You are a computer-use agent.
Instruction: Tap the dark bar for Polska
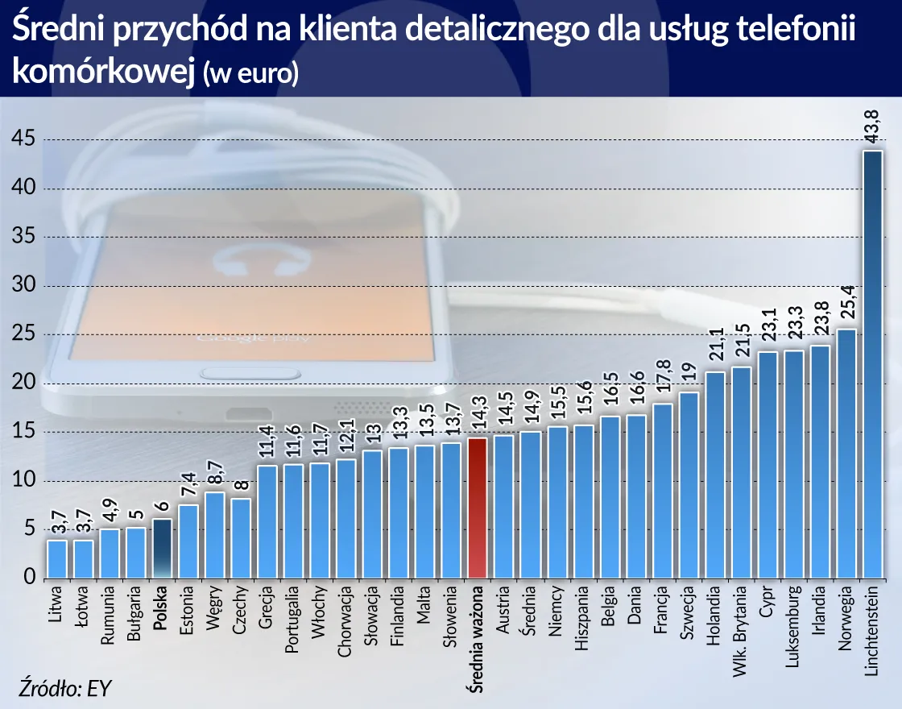(162, 549)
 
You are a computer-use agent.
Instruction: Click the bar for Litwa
(56, 559)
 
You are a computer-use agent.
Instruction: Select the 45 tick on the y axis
(23, 139)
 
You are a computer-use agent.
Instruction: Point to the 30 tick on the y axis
(23, 286)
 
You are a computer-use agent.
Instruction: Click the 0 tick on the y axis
(29, 578)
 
